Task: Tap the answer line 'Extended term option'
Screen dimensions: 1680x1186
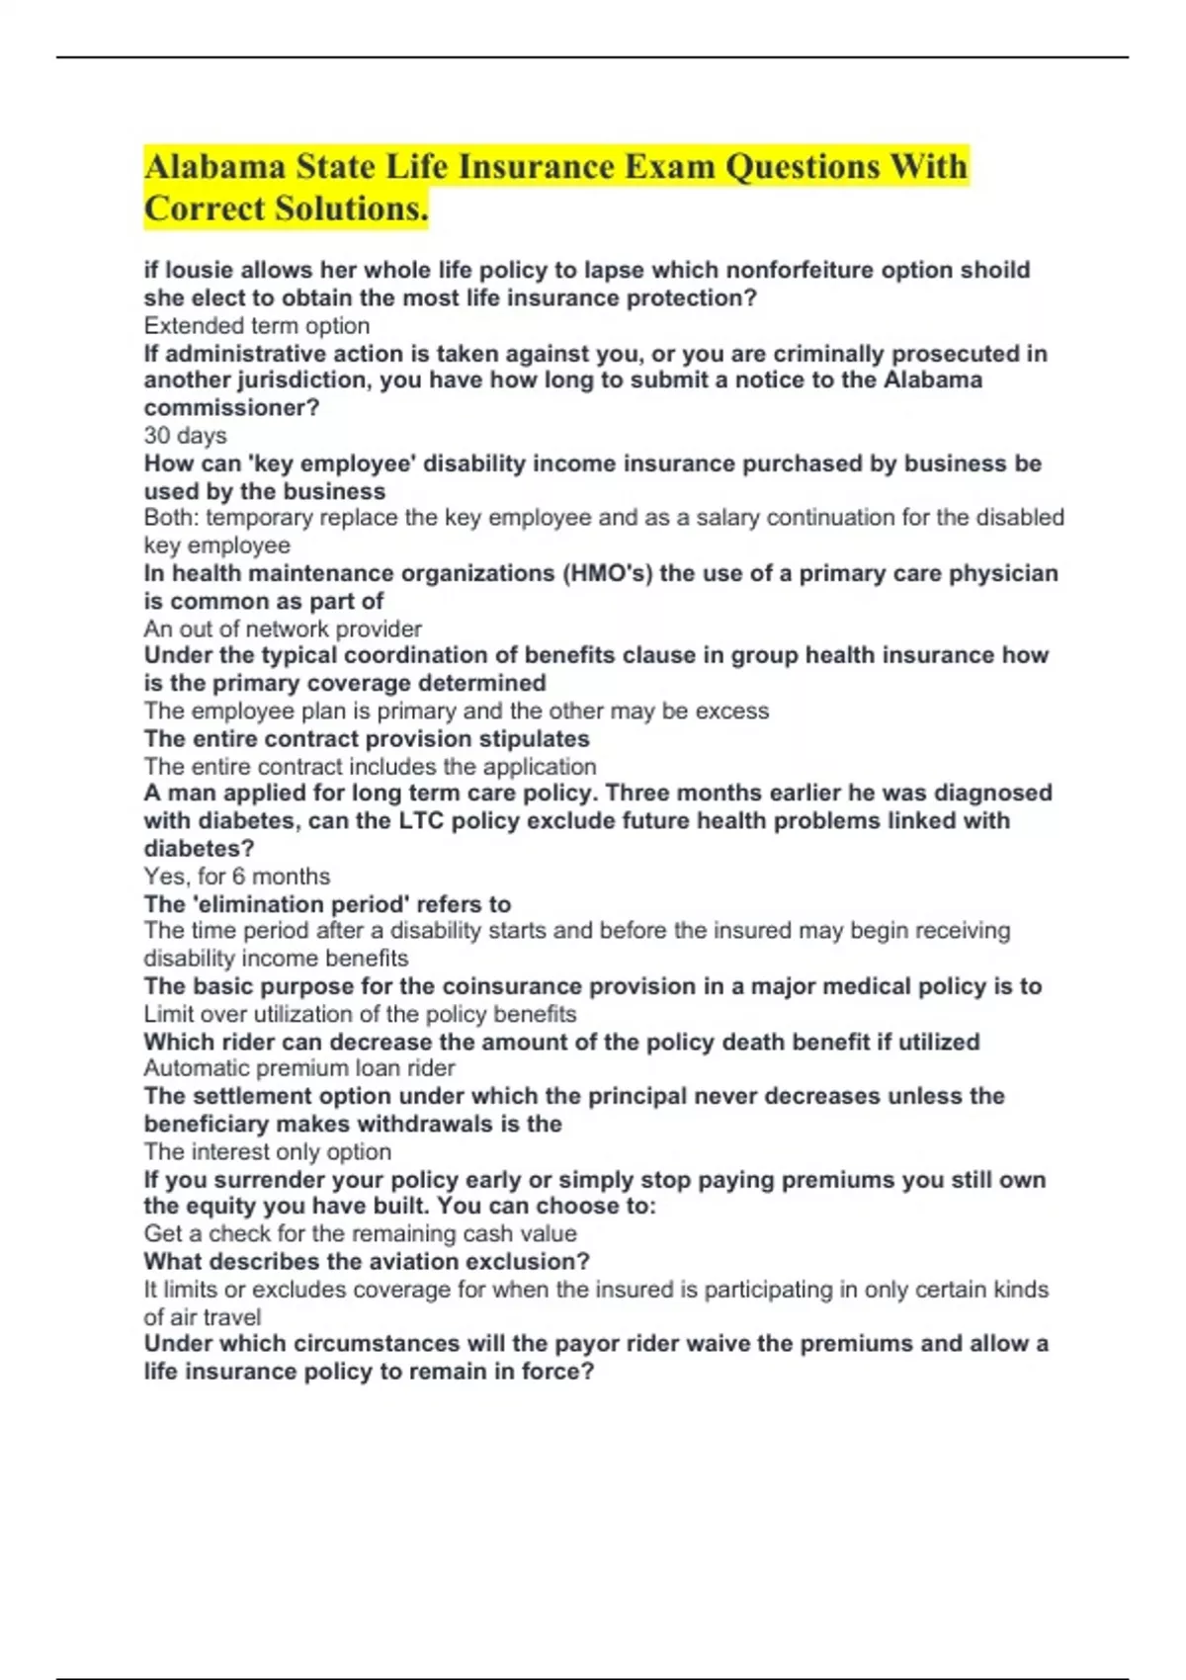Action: (x=257, y=326)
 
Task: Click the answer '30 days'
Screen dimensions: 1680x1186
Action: (x=185, y=436)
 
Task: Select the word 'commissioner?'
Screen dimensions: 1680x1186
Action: (x=231, y=408)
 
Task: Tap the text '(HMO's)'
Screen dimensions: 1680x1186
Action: (x=607, y=574)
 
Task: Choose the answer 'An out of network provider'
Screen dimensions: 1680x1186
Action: (x=283, y=630)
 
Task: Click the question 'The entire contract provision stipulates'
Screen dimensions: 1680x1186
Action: (x=367, y=739)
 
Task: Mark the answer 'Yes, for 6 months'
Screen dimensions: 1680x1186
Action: (x=237, y=877)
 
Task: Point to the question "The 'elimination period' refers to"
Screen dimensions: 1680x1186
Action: (x=327, y=904)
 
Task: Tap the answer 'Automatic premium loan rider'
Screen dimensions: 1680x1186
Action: (x=299, y=1068)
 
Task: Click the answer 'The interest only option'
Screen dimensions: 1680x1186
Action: (x=267, y=1152)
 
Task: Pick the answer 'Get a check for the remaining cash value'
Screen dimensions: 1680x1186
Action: (x=360, y=1234)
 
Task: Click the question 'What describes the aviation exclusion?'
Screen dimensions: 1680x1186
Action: (x=367, y=1262)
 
